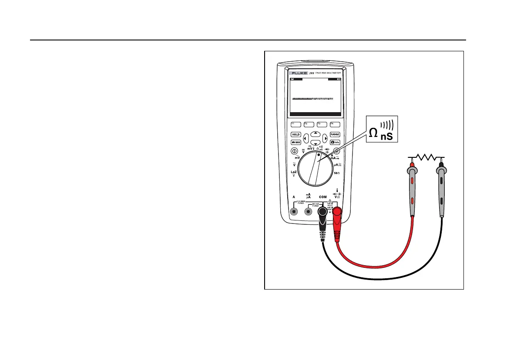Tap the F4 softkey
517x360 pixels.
tap(335, 124)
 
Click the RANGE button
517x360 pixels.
tap(335, 135)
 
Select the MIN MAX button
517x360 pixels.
tap(296, 143)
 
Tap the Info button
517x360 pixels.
tap(335, 143)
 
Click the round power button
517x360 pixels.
tap(295, 151)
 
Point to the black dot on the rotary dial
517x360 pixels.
tap(319, 154)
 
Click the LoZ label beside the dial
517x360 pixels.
tap(294, 173)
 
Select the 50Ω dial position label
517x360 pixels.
tap(336, 173)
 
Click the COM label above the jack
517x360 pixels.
tap(322, 197)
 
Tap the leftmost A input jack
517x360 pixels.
tap(294, 212)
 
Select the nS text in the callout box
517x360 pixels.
tap(386, 137)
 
